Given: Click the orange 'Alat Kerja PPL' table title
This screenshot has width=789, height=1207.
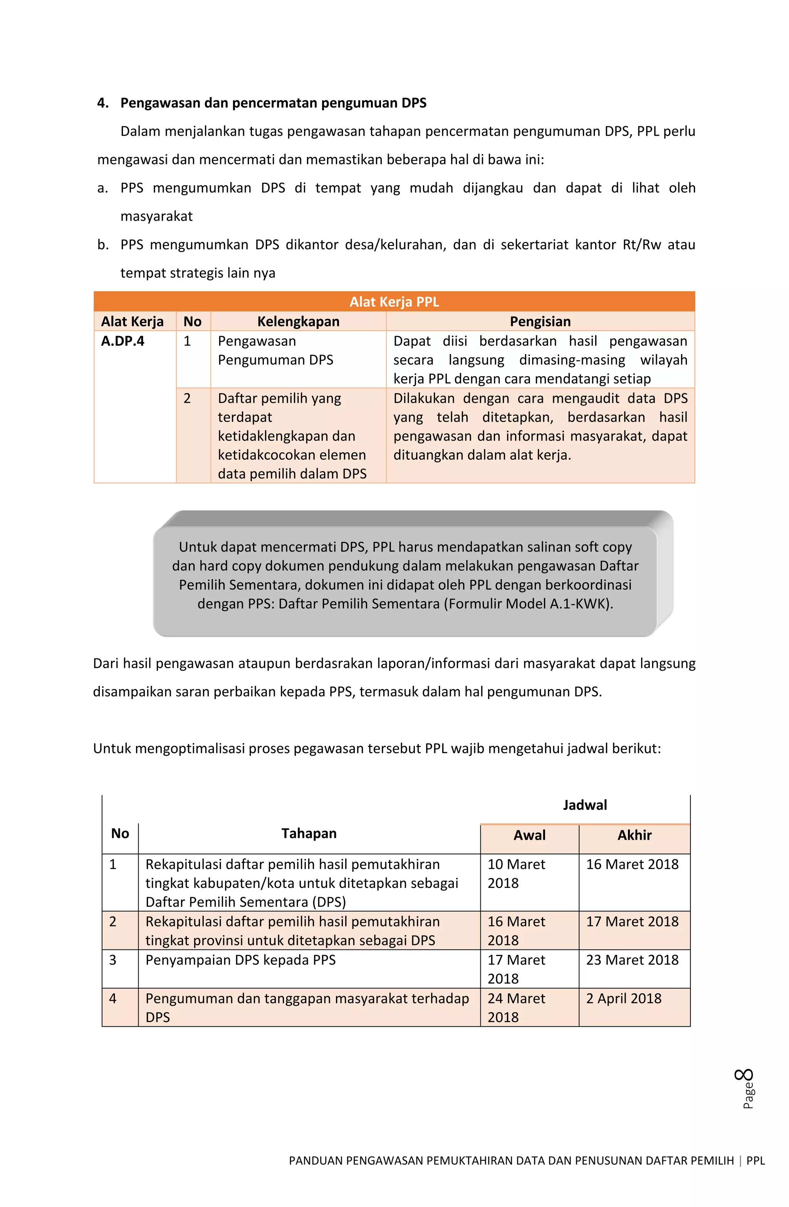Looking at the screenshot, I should [x=394, y=302].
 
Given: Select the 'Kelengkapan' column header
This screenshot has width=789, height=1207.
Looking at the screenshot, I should [x=298, y=321].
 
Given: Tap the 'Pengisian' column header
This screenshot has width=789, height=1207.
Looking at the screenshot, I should [x=540, y=321].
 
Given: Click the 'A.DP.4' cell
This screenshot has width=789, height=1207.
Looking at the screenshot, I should [x=123, y=341].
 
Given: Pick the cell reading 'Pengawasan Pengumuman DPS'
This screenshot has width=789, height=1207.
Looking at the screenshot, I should [x=275, y=350].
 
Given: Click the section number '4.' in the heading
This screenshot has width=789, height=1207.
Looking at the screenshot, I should [x=103, y=103].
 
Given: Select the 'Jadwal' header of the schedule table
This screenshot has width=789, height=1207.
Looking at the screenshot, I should [x=585, y=805].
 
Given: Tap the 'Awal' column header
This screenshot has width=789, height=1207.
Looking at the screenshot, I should [x=529, y=835].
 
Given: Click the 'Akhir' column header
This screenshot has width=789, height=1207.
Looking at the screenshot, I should [x=635, y=835].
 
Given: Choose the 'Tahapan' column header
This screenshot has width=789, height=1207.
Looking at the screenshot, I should [x=309, y=833].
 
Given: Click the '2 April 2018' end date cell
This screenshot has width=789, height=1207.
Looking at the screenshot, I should [x=624, y=998].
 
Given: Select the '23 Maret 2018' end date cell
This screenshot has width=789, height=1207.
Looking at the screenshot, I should [x=632, y=960].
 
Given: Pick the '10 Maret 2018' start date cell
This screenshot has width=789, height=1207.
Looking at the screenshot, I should [x=516, y=873].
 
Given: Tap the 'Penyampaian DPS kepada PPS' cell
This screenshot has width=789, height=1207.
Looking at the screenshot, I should [x=240, y=960].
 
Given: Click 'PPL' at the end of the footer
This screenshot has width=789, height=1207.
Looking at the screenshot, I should [x=755, y=1160].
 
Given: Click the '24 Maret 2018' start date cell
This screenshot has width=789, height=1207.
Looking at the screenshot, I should [x=516, y=1007].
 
